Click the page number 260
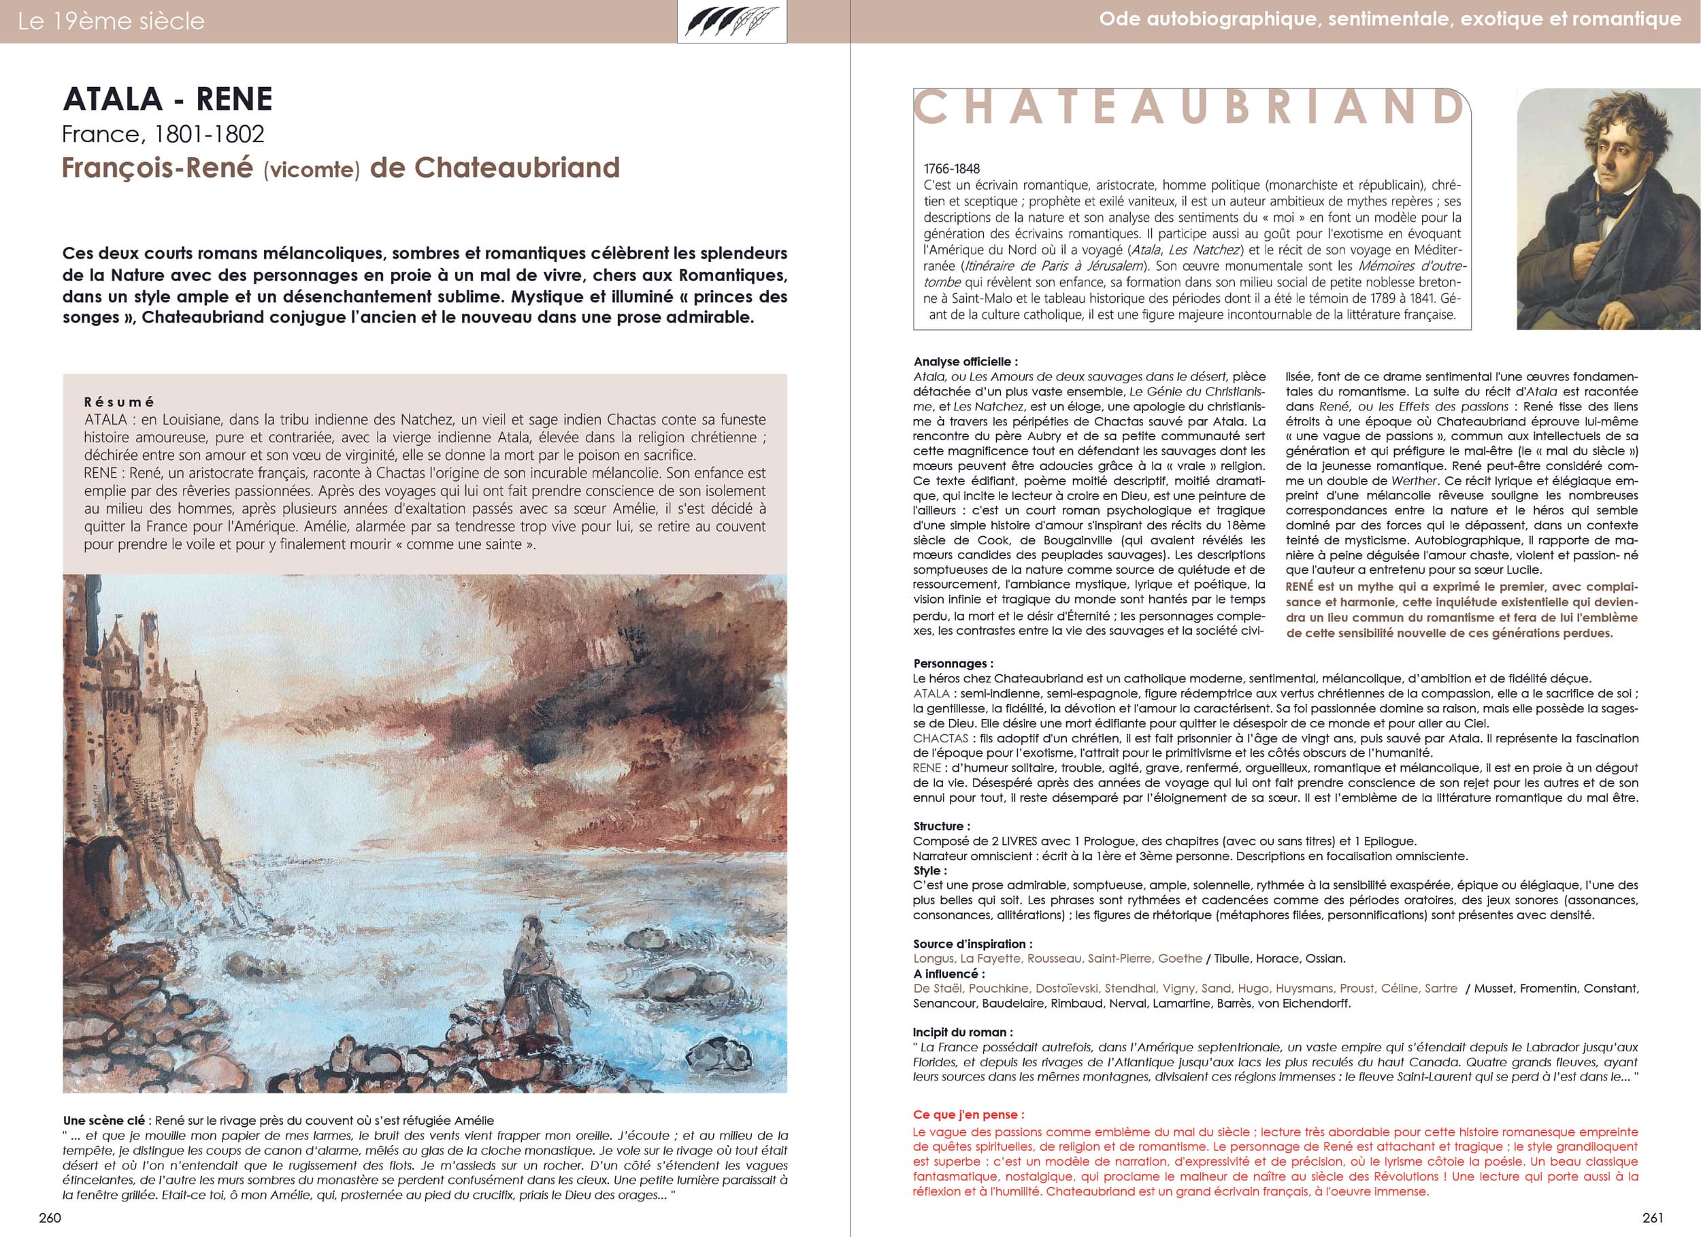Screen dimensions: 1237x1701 [50, 1217]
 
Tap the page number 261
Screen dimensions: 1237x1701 [1653, 1217]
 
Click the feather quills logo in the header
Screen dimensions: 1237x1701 [732, 22]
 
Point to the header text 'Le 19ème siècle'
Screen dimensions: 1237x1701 [111, 21]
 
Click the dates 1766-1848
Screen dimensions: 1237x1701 [952, 169]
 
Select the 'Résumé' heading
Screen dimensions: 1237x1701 [119, 402]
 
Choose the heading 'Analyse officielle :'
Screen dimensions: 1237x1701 [965, 361]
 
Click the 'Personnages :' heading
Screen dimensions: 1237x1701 [953, 663]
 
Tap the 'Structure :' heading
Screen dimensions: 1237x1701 [941, 826]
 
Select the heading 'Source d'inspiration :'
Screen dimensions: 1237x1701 [972, 944]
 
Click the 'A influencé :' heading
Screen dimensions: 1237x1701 [948, 974]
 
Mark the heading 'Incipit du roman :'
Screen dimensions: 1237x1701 [962, 1032]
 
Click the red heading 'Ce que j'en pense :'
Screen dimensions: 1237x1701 [968, 1115]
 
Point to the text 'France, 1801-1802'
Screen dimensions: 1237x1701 [163, 134]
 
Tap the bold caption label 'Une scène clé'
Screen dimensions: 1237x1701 [105, 1121]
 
